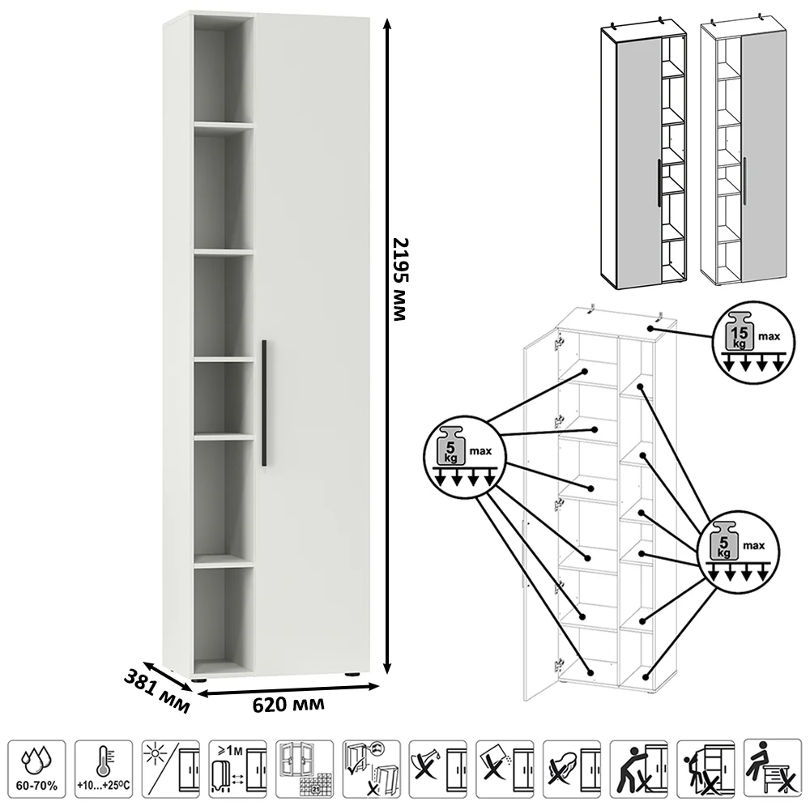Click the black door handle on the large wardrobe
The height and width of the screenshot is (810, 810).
click(264, 403)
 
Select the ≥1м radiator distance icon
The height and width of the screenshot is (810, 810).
click(236, 770)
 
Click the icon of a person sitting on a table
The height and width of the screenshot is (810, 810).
click(772, 770)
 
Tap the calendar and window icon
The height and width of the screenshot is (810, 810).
click(303, 770)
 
